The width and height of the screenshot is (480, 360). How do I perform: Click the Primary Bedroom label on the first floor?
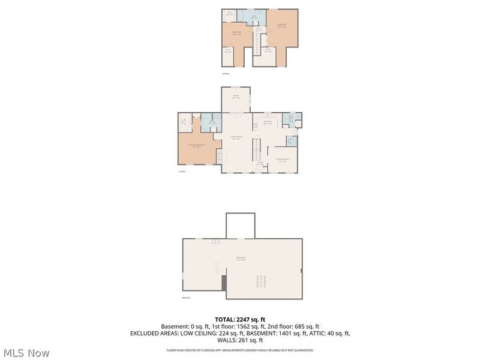tap(197, 146)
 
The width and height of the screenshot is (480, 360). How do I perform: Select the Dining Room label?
tap(281, 160)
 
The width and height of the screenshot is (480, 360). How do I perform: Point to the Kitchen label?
tap(268, 122)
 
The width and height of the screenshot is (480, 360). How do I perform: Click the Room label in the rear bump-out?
tap(236, 97)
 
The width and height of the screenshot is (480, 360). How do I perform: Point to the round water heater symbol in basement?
tap(217, 271)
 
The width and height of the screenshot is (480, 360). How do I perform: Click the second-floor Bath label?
tap(254, 17)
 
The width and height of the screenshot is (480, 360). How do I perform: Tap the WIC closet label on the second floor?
tap(229, 13)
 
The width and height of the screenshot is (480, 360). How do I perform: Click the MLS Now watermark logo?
tap(26, 353)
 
